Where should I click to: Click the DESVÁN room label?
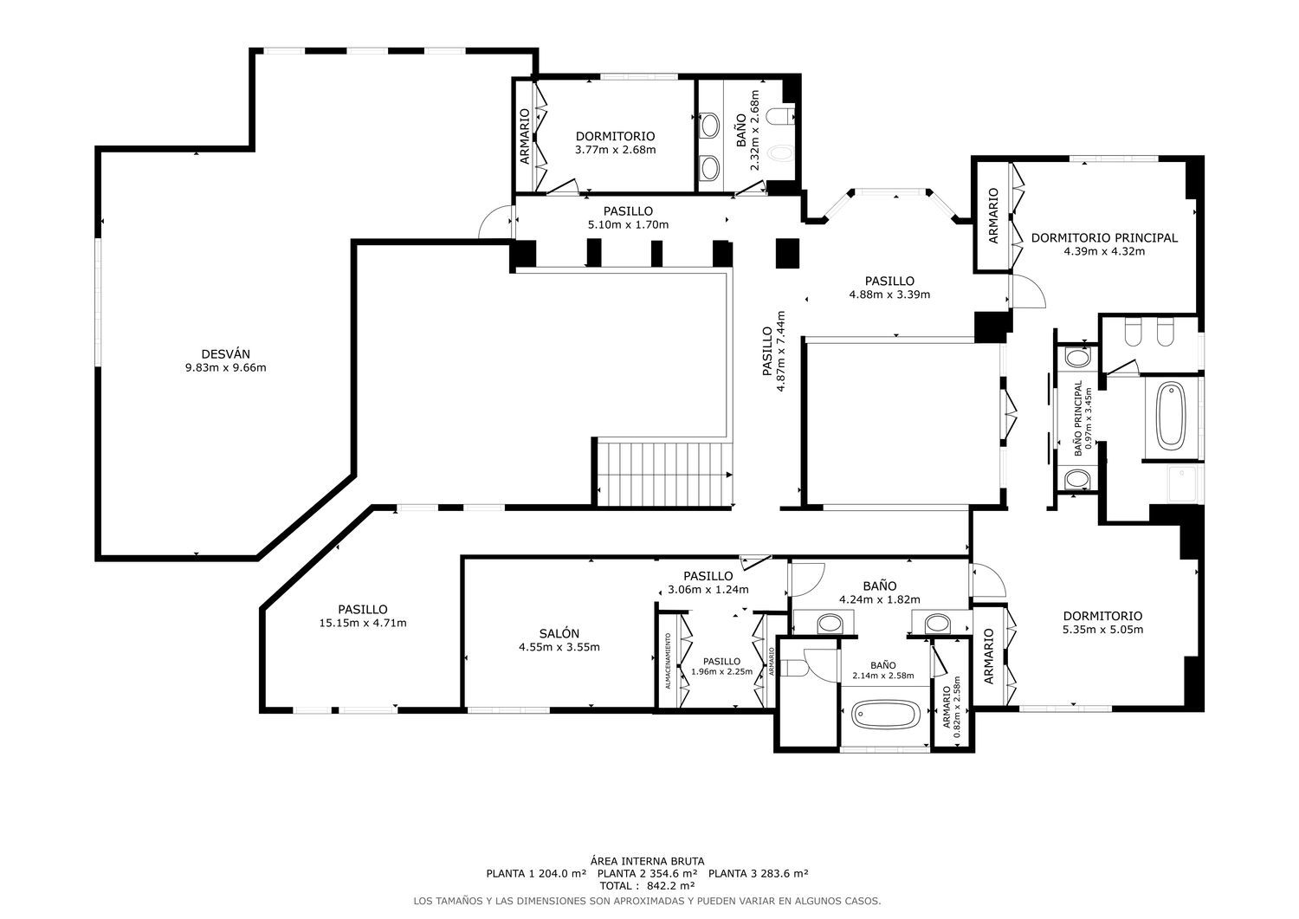(x=225, y=354)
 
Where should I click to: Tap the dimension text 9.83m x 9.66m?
(x=225, y=368)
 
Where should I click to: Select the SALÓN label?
(x=559, y=633)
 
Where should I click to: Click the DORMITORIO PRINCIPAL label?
(x=1104, y=238)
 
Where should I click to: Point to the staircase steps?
(x=662, y=475)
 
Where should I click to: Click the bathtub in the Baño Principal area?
(x=1170, y=416)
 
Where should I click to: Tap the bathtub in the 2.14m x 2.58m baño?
(x=886, y=715)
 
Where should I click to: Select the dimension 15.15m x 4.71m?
(x=363, y=623)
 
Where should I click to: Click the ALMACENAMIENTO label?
(x=668, y=661)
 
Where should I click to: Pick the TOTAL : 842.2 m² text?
(x=647, y=886)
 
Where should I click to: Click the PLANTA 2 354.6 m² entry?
(x=647, y=873)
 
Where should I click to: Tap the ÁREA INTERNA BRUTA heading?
(x=647, y=861)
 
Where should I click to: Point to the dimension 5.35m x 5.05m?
(x=1102, y=630)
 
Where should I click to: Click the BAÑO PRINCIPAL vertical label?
(x=1078, y=417)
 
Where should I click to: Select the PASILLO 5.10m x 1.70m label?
(x=628, y=218)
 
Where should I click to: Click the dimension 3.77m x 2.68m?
(x=615, y=150)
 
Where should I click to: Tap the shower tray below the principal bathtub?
(x=1182, y=484)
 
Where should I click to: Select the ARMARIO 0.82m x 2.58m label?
(x=952, y=707)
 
